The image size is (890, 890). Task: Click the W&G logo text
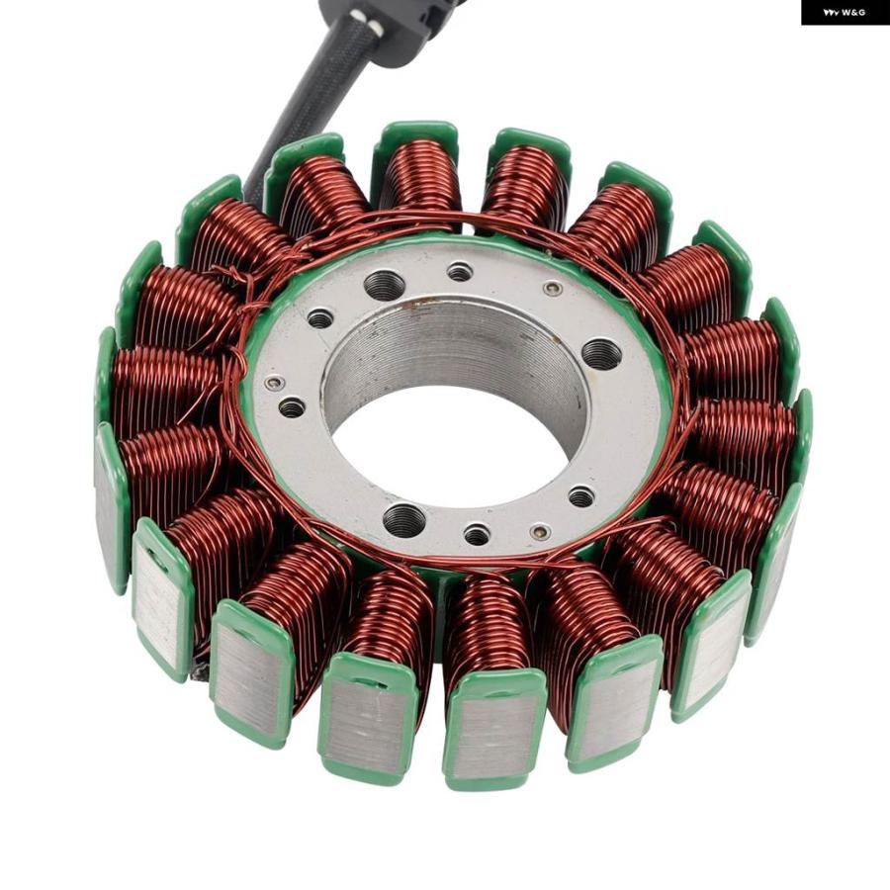[x=845, y=12]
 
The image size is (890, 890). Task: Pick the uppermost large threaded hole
[x=383, y=286]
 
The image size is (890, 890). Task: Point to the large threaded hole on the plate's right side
[x=602, y=354]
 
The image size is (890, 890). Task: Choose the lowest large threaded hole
[x=404, y=519]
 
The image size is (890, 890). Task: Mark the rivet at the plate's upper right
[x=553, y=289]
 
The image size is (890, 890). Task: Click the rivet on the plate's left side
[x=275, y=383]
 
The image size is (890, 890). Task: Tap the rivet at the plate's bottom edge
[x=540, y=532]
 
